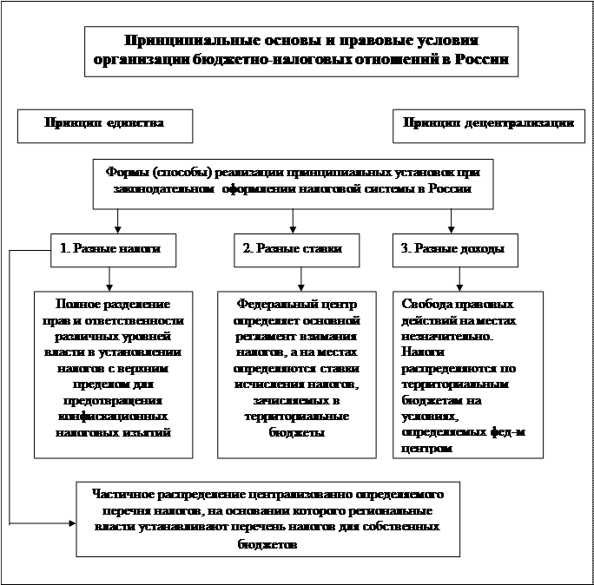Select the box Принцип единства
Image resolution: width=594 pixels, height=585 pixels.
tap(105, 123)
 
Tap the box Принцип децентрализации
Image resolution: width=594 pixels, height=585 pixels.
tap(487, 123)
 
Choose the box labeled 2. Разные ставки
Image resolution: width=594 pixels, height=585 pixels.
tap(292, 249)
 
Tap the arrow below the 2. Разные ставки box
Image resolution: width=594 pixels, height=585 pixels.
tap(300, 279)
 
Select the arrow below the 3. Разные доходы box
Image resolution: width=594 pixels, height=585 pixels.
tap(458, 279)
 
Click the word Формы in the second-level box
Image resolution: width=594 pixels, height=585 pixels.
tap(127, 172)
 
